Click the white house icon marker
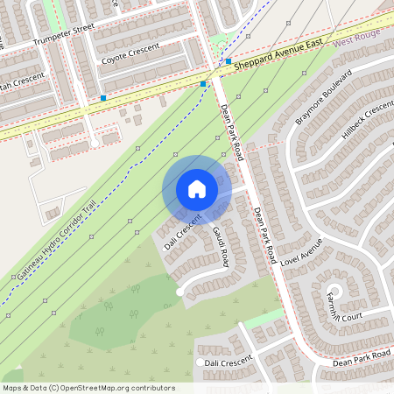pos(197,189)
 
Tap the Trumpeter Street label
pos(63,36)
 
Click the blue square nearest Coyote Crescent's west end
pos(104,98)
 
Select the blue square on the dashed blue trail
pos(203,83)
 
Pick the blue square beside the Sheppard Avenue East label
pos(228,62)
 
